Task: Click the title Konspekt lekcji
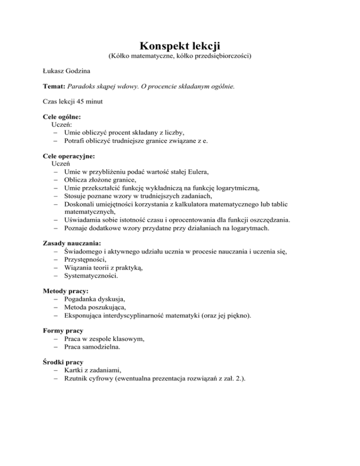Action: click(x=180, y=46)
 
